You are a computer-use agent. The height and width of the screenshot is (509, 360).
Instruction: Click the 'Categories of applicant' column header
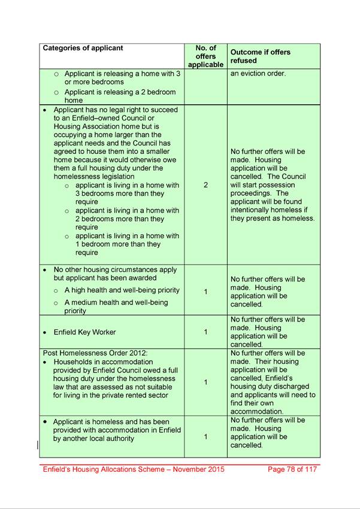point(83,48)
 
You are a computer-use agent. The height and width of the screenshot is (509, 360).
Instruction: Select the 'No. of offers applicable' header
point(205,56)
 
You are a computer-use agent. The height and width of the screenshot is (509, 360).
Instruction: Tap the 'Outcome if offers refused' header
point(260,56)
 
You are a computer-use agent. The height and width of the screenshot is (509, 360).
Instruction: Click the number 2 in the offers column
point(205,185)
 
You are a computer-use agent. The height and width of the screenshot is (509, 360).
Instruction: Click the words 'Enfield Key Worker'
point(84,332)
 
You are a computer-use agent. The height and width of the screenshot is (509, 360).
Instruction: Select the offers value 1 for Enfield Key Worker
point(205,332)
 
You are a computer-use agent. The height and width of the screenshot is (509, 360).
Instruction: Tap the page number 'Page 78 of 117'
point(292,469)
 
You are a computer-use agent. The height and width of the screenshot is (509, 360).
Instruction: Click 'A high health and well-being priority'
point(122,290)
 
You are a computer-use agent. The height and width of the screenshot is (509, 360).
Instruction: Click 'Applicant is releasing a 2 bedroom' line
point(120,92)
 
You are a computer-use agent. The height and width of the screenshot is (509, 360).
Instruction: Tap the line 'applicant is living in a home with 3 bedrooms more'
point(126,186)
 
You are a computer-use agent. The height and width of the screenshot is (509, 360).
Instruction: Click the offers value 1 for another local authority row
point(205,437)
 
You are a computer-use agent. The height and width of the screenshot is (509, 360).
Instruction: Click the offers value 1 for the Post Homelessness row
point(205,382)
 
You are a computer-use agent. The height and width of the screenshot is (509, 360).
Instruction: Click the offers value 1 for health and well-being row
point(205,292)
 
